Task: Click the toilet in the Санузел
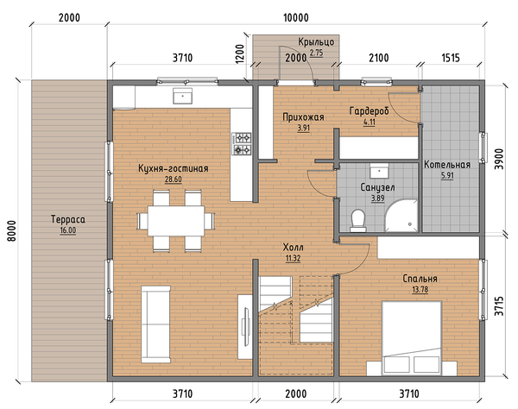coord(357,221)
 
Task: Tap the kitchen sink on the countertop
coord(182,96)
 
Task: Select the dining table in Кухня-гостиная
coord(176,221)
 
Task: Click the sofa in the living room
coord(156,324)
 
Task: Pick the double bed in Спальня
coord(412,337)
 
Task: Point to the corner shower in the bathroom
coord(401,215)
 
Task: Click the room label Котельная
coord(447,165)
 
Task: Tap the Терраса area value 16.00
coord(67,230)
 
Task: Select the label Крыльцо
coord(316,42)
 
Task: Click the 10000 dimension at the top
coord(296,17)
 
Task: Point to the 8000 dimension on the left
coord(11,230)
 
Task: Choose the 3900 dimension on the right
coord(499,159)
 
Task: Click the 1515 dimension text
coord(451,58)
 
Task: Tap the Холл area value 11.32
coord(293,258)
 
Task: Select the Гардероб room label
coord(369,111)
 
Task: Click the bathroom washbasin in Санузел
coord(379,171)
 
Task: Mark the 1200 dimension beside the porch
coord(240,53)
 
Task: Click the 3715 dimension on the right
coord(499,306)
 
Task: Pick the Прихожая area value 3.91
coord(303,128)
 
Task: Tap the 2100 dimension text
coord(379,58)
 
